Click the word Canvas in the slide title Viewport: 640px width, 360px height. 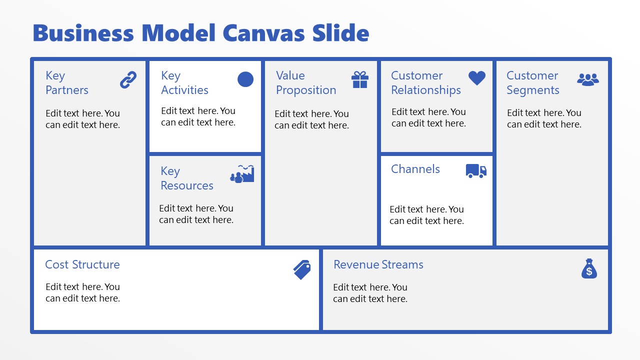264,33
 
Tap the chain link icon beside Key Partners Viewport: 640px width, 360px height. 128,80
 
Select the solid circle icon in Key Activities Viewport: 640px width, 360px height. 245,79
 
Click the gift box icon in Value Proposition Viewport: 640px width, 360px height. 360,79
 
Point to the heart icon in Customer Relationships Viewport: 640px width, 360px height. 477,78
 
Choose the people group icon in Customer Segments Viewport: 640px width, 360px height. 588,79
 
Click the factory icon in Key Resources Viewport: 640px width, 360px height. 242,173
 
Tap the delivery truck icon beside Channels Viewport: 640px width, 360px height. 476,170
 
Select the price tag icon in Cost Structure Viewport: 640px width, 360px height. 302,269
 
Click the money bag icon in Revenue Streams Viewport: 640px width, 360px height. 589,268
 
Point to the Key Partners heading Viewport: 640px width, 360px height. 66,83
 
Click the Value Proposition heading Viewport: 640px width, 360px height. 306,83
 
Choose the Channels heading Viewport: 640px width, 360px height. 415,169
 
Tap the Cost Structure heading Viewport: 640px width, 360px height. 82,264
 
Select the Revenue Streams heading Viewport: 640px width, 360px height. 378,264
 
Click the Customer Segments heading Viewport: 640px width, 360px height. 532,83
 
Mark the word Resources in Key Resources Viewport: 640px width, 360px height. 187,185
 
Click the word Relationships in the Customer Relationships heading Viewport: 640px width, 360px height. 426,90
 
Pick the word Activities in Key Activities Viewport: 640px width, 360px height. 184,90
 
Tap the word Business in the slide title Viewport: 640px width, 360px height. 83,33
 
